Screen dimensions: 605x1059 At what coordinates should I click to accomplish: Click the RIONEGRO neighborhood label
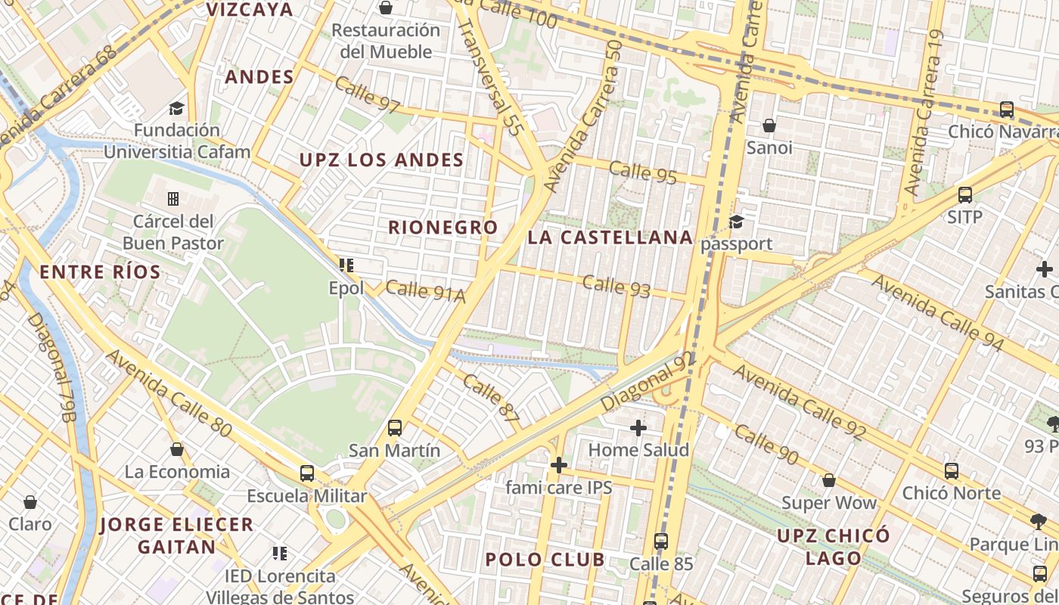click(x=443, y=228)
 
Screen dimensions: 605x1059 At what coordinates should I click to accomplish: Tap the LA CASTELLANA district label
click(x=610, y=237)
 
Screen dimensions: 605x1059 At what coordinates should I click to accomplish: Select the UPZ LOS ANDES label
click(x=381, y=160)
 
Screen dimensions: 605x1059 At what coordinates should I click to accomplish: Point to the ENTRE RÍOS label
click(x=100, y=272)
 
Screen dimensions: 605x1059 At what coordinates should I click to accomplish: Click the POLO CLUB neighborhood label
click(x=545, y=560)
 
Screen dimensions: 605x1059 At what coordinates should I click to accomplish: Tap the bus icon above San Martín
click(x=395, y=428)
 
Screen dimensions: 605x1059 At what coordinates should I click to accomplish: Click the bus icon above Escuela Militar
click(x=306, y=473)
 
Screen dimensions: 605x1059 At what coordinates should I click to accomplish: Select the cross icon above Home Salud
click(x=638, y=428)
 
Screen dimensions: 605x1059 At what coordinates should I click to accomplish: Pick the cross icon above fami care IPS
click(x=559, y=464)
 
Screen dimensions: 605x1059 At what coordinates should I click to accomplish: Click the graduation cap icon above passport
click(x=736, y=222)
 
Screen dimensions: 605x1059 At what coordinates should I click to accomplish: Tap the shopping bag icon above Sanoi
click(x=769, y=125)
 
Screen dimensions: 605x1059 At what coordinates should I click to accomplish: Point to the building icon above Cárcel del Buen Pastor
click(x=173, y=199)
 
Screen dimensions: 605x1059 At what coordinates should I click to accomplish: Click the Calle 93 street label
click(x=616, y=286)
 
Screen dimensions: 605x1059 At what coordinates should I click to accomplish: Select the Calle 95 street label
click(x=642, y=172)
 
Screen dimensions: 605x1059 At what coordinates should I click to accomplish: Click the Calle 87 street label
click(x=492, y=398)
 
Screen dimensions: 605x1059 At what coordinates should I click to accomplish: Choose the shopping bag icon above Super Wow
click(x=828, y=480)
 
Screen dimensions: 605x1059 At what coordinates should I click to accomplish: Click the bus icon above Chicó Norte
click(x=952, y=470)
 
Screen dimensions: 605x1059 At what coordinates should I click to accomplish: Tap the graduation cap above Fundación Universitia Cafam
click(x=176, y=108)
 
